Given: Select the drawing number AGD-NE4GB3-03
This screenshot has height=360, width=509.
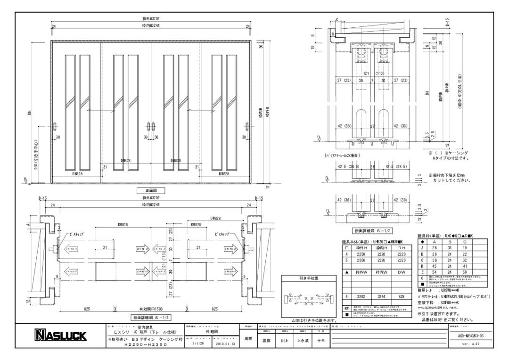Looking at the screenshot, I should coord(466,335).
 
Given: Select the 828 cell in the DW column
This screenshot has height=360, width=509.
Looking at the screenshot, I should coord(402,297).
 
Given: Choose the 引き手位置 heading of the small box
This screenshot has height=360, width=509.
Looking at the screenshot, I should coord(308,278).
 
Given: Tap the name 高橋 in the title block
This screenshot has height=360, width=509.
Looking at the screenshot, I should coord(249,339).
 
